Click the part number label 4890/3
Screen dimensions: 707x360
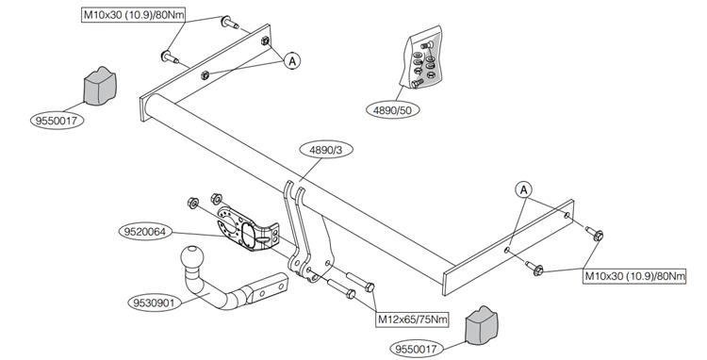[325, 151]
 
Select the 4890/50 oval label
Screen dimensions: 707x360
[393, 110]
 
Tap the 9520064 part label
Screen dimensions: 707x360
[145, 232]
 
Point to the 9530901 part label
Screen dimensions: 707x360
[155, 303]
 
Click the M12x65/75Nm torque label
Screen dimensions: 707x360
[413, 319]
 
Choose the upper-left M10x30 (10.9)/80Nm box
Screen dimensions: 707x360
[134, 15]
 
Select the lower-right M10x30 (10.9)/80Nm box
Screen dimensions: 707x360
[634, 276]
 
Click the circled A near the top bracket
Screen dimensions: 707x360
[292, 60]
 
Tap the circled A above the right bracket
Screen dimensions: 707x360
[523, 190]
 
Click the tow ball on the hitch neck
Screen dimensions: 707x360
[192, 257]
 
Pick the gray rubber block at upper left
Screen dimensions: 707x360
[100, 86]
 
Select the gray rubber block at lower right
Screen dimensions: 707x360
[481, 325]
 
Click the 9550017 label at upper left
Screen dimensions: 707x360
[58, 121]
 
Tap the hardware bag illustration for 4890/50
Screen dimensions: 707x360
[421, 57]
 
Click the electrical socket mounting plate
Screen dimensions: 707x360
[248, 229]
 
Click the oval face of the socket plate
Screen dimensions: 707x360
[250, 236]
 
